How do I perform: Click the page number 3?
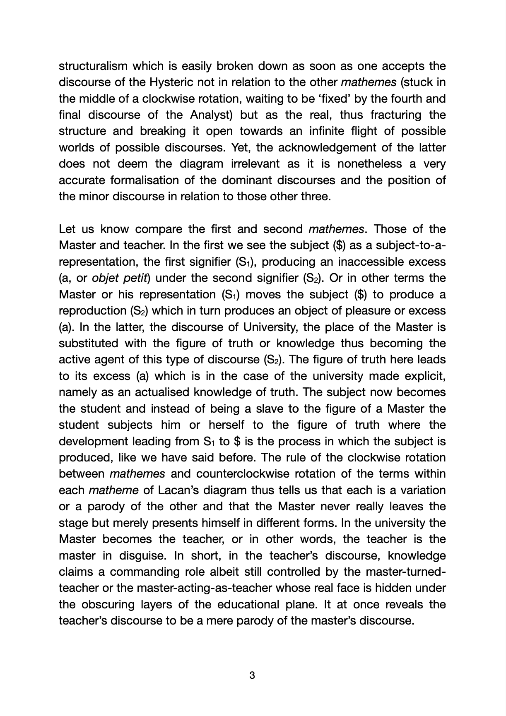253,676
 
